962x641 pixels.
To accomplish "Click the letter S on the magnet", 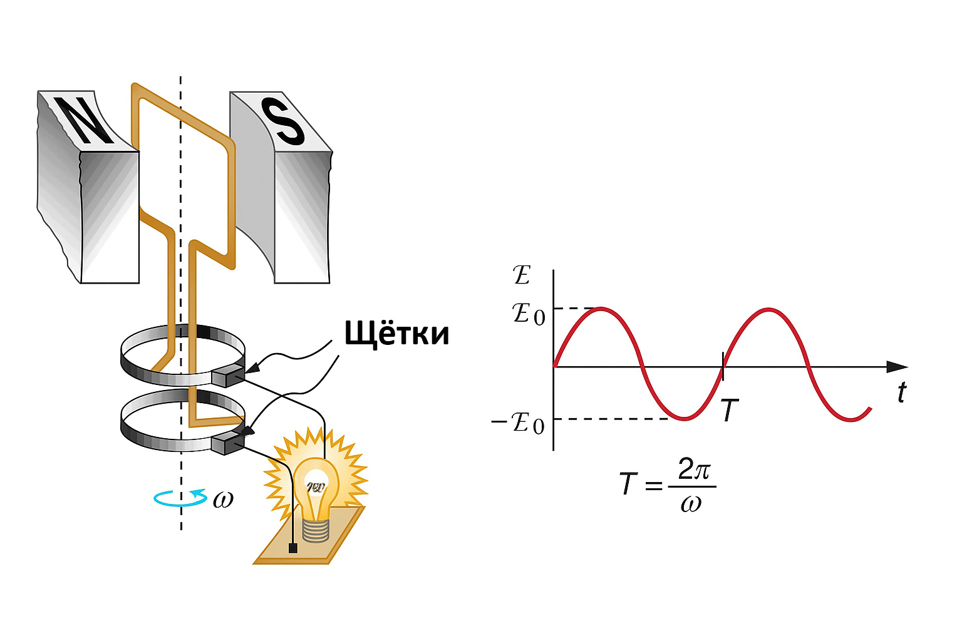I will tap(282, 121).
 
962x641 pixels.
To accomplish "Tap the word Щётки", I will tap(396, 333).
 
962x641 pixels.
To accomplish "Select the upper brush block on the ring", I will tap(227, 376).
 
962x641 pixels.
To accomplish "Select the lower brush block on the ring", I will tap(227, 443).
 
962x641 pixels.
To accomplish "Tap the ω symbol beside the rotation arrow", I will tap(222, 500).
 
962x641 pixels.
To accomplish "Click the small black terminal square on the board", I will tap(292, 548).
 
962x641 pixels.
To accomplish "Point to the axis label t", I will tap(901, 392).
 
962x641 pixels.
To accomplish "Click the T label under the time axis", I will tap(729, 411).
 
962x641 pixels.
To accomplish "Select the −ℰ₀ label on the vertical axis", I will tap(519, 424).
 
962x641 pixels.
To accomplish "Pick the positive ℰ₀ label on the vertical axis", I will tap(529, 312).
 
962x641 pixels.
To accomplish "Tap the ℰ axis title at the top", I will tap(521, 275).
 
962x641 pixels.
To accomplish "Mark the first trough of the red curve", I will tap(684, 419).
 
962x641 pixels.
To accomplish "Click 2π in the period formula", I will tap(693, 469).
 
